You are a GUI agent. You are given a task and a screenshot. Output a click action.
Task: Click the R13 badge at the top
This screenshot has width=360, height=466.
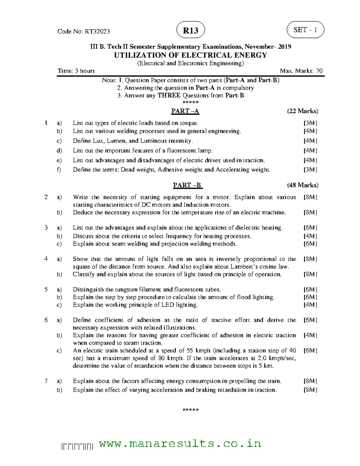(x=191, y=30)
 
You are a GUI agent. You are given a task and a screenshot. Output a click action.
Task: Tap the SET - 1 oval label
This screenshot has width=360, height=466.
(x=305, y=30)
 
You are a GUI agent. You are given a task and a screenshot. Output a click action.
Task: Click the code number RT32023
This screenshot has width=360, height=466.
(x=97, y=31)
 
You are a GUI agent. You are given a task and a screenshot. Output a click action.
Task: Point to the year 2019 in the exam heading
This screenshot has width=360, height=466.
(x=284, y=47)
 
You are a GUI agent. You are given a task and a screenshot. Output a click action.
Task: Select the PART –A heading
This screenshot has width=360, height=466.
(x=185, y=111)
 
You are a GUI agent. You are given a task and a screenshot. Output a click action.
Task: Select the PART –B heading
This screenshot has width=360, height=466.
(x=187, y=185)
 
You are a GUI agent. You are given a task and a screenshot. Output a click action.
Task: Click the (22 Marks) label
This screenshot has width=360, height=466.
(x=303, y=111)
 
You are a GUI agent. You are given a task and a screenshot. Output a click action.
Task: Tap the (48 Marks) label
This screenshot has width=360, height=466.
(x=303, y=185)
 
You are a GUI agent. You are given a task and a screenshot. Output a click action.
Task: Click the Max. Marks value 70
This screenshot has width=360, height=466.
(x=319, y=71)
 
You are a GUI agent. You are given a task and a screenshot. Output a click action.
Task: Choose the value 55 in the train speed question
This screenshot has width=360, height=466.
(x=190, y=350)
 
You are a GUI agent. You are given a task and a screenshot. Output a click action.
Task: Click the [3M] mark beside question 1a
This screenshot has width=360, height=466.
(x=310, y=123)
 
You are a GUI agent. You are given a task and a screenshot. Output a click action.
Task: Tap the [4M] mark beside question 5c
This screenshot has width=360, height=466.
(x=310, y=305)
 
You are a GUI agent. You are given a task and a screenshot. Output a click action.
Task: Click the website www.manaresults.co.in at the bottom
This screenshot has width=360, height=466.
(x=180, y=443)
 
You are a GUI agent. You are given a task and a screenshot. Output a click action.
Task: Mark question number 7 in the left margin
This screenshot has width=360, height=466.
(x=46, y=381)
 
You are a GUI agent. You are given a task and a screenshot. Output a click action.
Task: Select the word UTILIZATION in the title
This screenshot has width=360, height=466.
(x=137, y=55)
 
